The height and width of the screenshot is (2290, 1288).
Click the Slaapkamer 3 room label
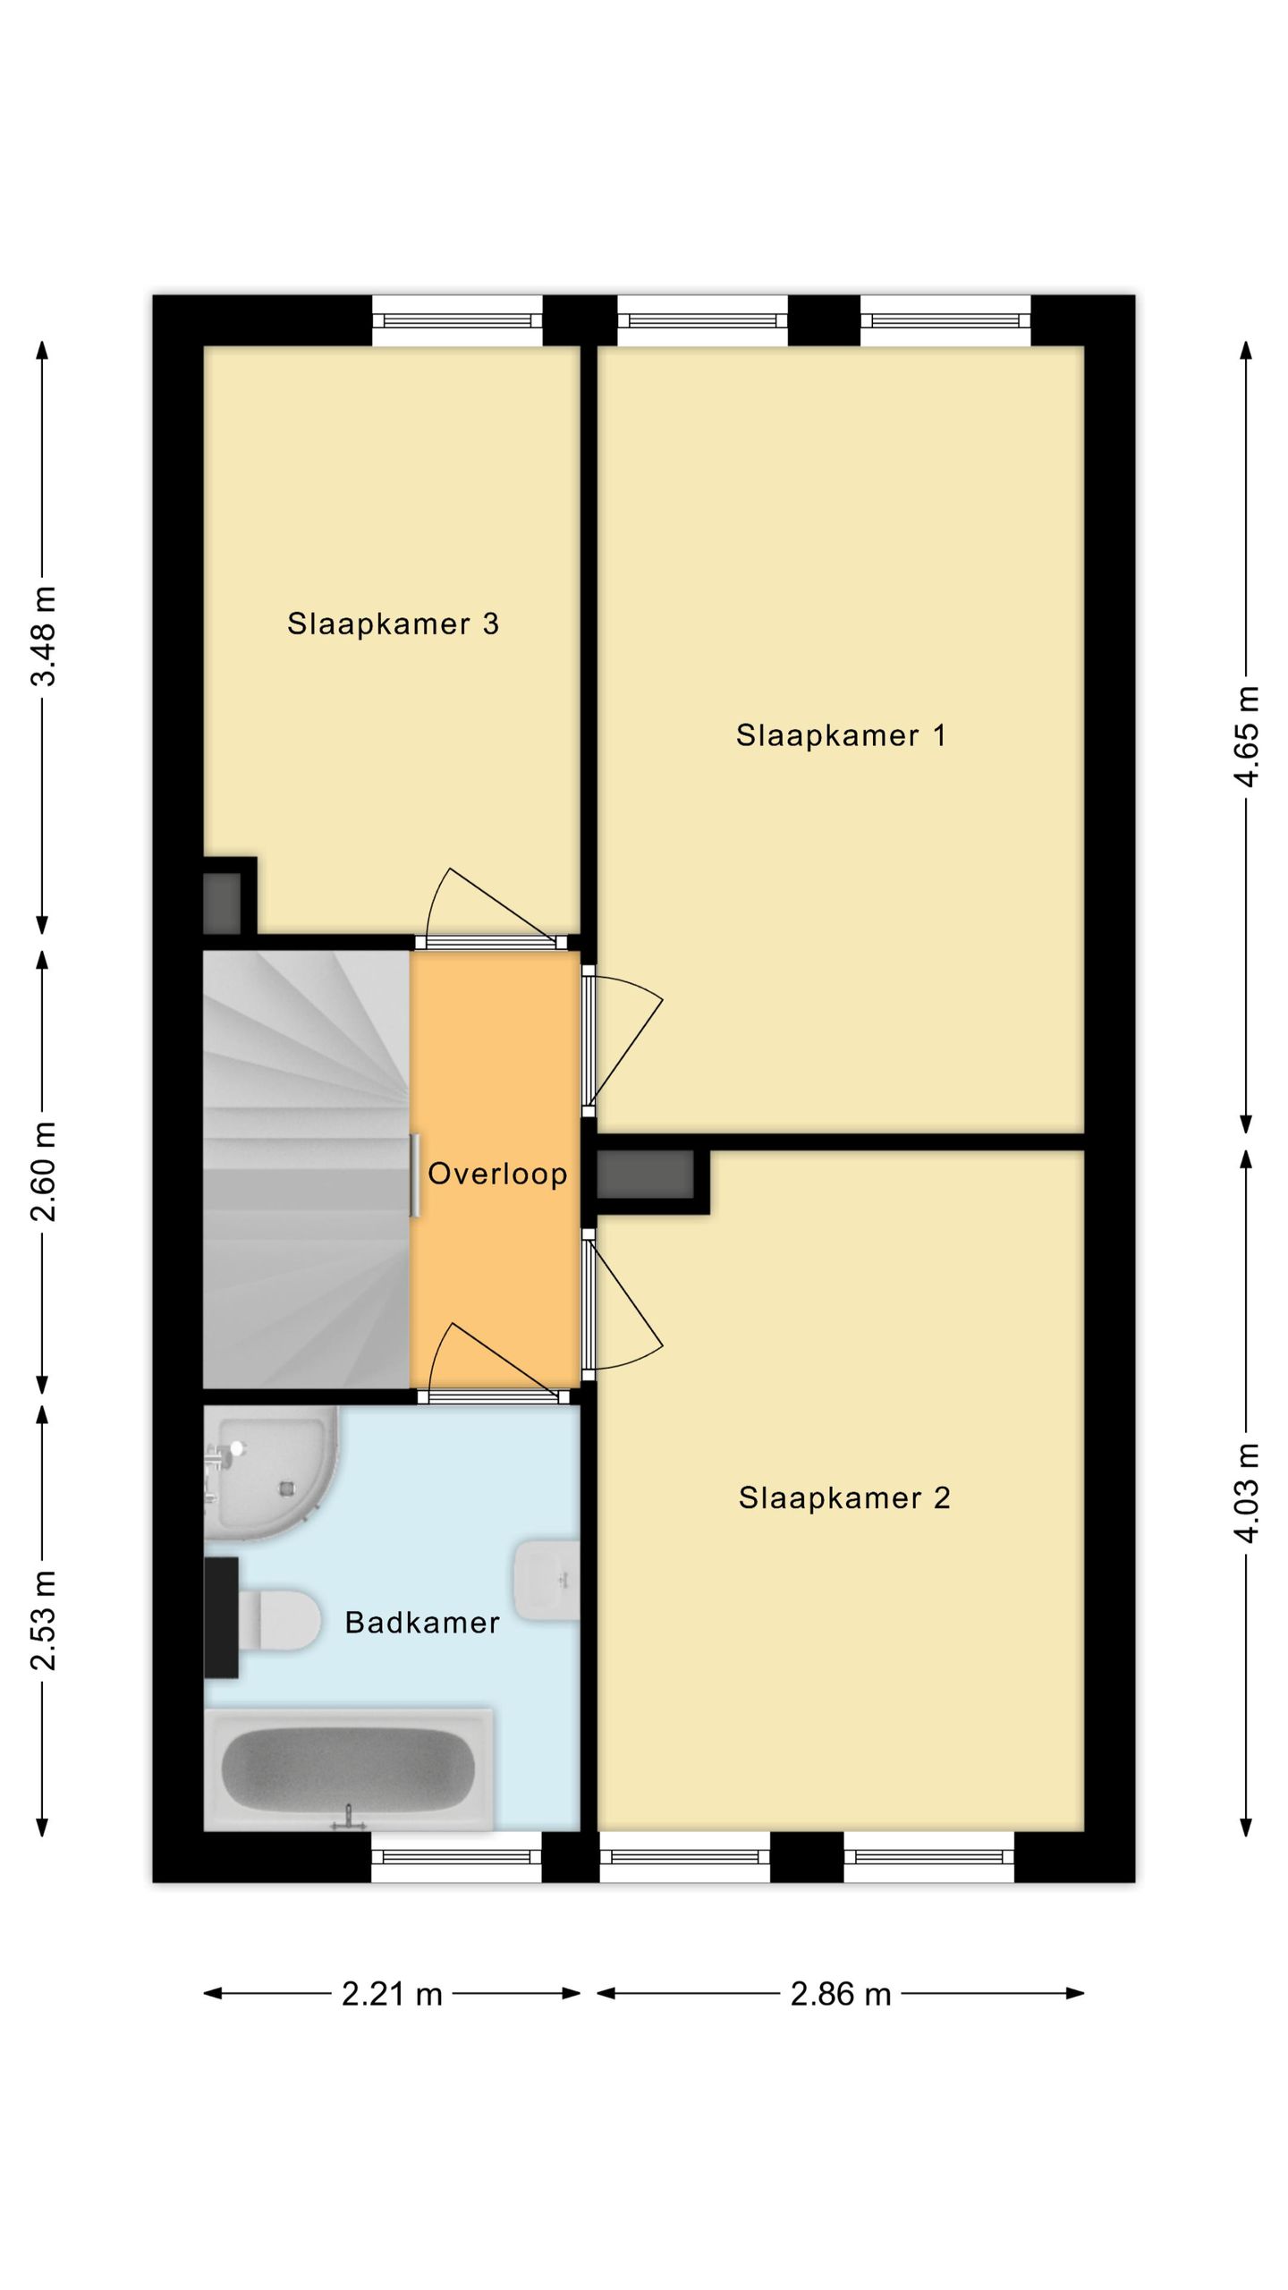(x=393, y=623)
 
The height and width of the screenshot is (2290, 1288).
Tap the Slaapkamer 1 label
(x=841, y=735)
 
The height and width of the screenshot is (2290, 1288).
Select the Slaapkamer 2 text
(x=844, y=1497)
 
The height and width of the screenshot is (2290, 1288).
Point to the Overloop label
(x=497, y=1173)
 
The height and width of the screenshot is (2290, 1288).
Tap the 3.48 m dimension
(x=43, y=636)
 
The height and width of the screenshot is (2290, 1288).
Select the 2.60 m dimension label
(x=43, y=1171)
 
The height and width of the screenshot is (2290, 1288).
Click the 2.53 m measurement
(x=43, y=1619)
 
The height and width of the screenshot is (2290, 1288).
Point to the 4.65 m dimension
(x=1246, y=736)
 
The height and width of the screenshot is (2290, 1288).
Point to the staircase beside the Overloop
(x=306, y=1169)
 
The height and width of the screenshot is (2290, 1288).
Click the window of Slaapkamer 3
(x=457, y=321)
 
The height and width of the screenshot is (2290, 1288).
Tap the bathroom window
(x=456, y=1857)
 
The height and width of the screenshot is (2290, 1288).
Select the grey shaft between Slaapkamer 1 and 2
(x=645, y=1175)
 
